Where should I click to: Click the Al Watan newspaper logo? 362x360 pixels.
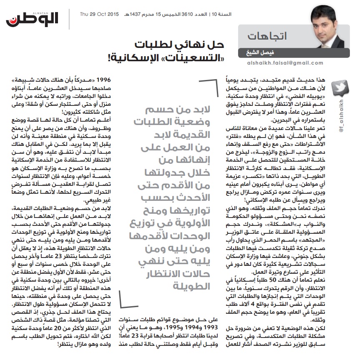click(x=32, y=18)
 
